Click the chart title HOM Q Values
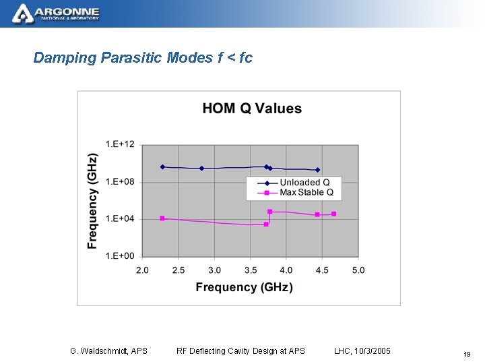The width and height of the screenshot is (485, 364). point(252,109)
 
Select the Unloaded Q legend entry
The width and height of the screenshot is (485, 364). point(304,182)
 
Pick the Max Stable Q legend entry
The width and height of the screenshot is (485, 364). point(306,192)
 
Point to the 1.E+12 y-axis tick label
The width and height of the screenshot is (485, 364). point(119,144)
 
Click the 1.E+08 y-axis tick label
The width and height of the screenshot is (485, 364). point(119,181)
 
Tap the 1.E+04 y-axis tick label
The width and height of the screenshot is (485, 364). point(119,218)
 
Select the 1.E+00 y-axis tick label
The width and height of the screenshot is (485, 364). point(119,255)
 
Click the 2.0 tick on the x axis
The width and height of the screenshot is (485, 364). point(143,270)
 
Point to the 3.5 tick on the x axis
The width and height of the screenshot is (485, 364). point(250,270)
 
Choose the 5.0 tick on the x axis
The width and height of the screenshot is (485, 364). point(358,270)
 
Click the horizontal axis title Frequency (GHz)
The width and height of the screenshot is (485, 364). point(244,287)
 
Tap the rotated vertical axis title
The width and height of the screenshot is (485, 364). point(92,201)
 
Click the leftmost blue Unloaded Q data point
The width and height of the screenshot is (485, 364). point(162,166)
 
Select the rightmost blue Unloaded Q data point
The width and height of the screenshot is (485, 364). point(317,170)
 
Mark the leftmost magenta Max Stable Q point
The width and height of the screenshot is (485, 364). point(162,218)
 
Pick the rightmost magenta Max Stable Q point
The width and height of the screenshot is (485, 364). point(333,214)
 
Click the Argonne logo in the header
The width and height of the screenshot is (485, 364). point(57,13)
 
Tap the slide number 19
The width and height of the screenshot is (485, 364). point(466,354)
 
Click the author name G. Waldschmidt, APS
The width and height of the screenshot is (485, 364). point(108,351)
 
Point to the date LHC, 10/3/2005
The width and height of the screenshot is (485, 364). point(362,351)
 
